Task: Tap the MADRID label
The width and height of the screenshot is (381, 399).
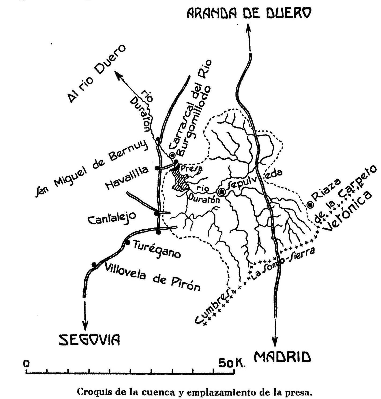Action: tap(283, 357)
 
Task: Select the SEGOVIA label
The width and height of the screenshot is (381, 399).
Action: tap(89, 340)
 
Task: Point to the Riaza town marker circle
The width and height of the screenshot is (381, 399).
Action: tap(310, 205)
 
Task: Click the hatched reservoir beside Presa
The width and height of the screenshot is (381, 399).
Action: tap(179, 182)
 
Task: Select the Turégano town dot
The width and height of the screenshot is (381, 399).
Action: tap(128, 243)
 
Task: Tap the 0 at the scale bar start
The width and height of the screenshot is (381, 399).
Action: tap(26, 363)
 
